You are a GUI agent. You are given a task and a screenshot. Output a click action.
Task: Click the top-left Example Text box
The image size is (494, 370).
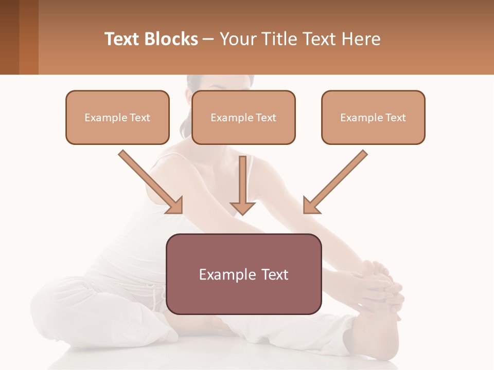[117, 117]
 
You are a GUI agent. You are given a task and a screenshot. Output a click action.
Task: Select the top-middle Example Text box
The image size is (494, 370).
[243, 117]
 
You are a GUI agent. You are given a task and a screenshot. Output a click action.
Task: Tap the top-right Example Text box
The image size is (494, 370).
[373, 117]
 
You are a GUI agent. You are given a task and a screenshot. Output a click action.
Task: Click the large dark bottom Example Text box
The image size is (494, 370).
[243, 274]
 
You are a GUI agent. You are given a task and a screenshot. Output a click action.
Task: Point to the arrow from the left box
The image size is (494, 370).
[149, 180]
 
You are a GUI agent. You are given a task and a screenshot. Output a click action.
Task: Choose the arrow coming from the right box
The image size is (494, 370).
[337, 180]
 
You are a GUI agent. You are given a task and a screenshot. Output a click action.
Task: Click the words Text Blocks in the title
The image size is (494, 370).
[151, 39]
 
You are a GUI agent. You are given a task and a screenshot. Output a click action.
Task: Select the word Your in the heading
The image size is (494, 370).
[239, 39]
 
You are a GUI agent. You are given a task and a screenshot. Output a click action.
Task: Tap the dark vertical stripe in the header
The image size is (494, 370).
[28, 37]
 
